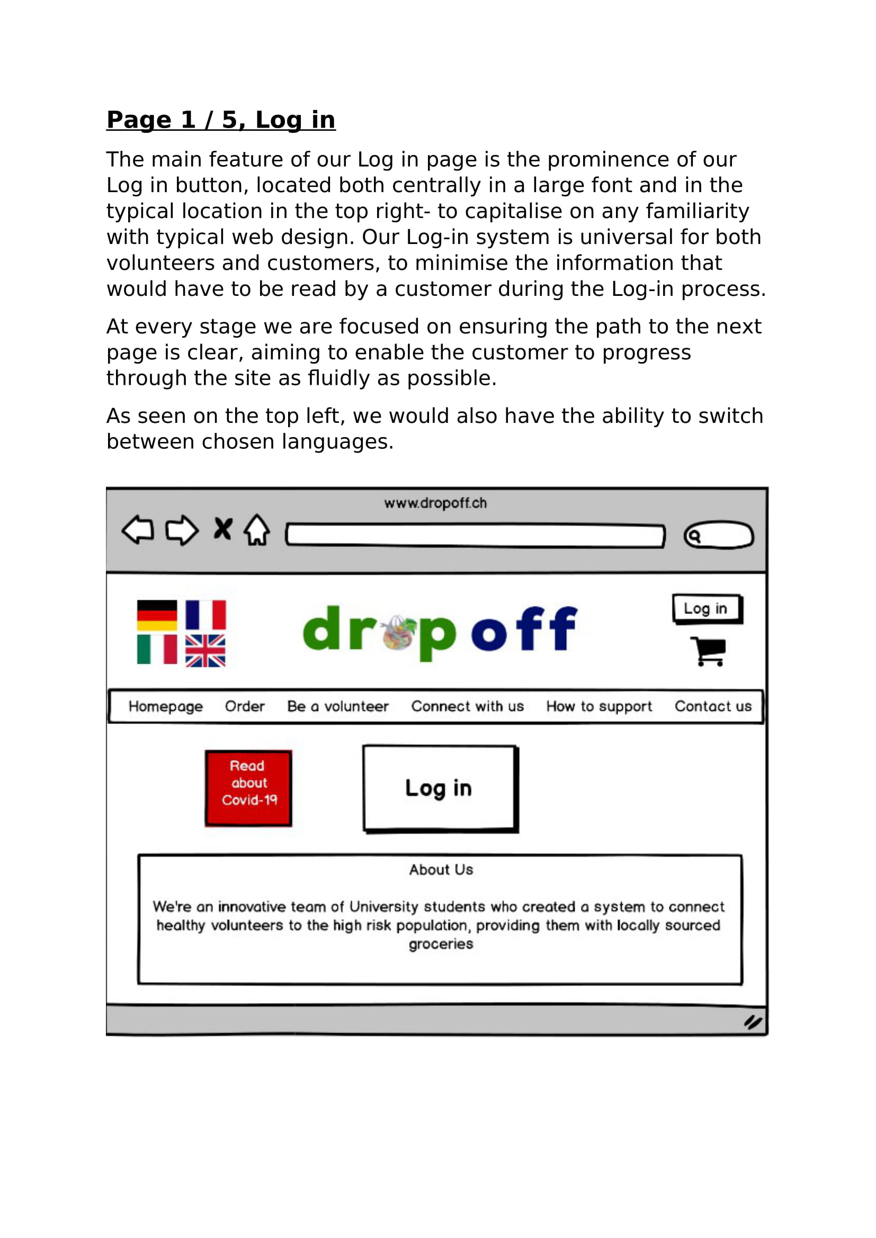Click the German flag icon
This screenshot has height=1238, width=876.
157,615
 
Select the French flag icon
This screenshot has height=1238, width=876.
205,615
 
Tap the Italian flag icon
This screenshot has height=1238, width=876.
157,649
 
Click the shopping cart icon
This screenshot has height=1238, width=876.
709,652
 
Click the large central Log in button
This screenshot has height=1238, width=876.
439,788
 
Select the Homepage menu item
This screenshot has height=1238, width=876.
166,707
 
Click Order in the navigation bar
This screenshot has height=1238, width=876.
245,707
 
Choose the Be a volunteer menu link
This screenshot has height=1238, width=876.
338,707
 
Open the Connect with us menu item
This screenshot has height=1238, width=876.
467,707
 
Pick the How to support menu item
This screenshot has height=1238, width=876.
599,707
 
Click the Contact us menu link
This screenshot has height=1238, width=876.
712,707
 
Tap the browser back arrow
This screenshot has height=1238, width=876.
138,530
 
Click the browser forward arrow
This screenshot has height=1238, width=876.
182,530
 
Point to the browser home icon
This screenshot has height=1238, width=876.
257,530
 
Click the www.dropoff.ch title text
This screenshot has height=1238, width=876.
435,503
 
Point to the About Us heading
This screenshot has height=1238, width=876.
441,870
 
